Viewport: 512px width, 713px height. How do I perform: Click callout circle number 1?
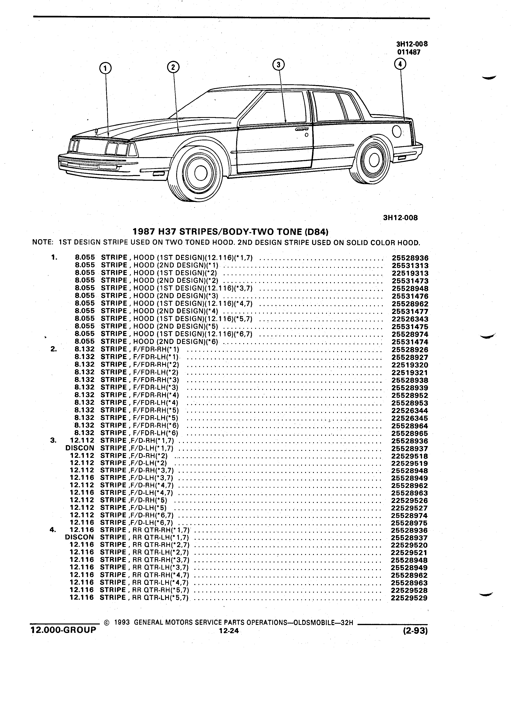pyautogui.click(x=105, y=68)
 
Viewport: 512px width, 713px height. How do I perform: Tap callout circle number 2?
pyautogui.click(x=173, y=67)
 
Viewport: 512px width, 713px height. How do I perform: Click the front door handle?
pyautogui.click(x=302, y=129)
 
